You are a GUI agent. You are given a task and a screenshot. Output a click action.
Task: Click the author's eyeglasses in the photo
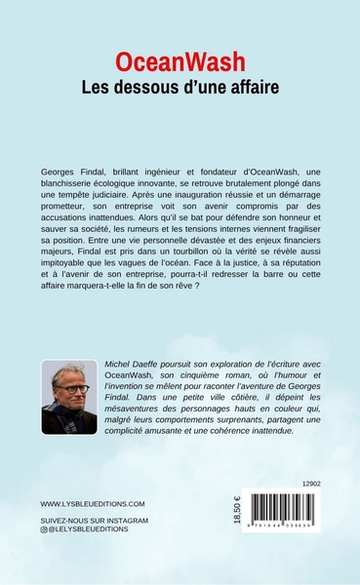72,389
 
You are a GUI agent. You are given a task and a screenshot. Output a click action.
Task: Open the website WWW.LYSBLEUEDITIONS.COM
93,530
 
